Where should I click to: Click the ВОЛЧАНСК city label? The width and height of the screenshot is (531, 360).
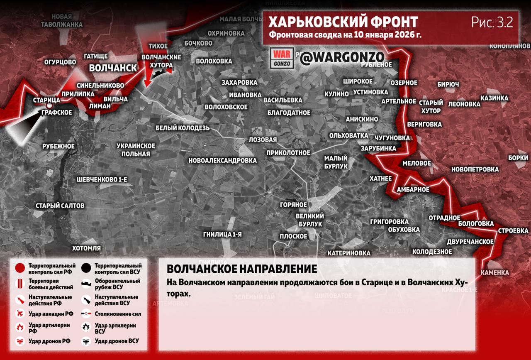click(113, 68)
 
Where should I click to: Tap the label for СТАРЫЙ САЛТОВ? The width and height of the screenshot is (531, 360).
click(60, 206)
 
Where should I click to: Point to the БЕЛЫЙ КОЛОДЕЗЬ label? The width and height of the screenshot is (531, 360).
click(183, 127)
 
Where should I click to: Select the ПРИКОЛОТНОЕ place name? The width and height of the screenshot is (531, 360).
click(288, 153)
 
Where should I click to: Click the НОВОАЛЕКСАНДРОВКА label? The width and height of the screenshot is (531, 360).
click(222, 160)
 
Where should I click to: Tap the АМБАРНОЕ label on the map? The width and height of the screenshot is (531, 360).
click(413, 189)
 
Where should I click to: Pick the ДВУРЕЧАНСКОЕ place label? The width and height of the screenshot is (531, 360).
click(470, 242)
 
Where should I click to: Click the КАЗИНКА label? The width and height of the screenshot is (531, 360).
click(494, 98)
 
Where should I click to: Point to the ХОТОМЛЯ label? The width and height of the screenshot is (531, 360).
click(86, 248)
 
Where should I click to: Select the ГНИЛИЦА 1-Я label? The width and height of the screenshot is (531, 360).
click(222, 235)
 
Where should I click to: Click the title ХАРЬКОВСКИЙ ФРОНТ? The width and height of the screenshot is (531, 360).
click(343, 22)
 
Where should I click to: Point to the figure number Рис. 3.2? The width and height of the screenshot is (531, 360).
click(492, 22)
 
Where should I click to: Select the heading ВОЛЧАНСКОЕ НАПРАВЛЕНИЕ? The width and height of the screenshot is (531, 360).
click(242, 269)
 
